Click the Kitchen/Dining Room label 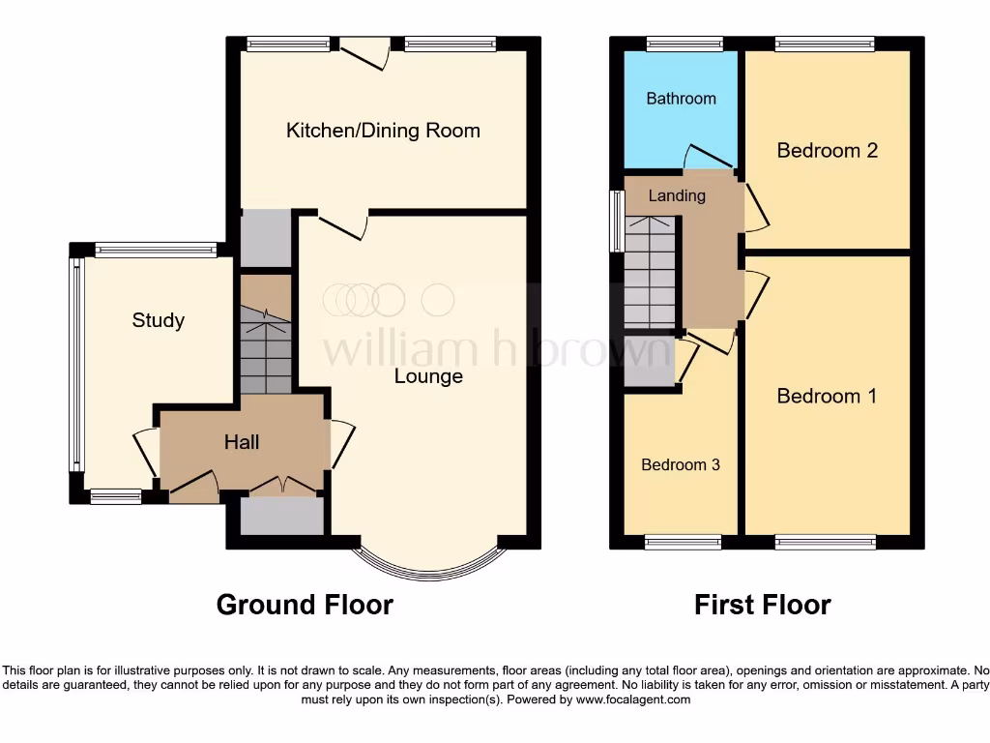pos(383,131)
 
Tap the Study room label pos(159,320)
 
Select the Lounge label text pos(428,376)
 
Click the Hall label pos(242,442)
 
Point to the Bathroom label pos(681,99)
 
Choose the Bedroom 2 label pos(828,150)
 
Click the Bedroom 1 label pos(827,396)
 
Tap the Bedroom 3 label pos(681,464)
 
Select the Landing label pos(677,195)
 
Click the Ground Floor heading pos(305,605)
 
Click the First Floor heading pos(762,605)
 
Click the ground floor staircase pos(265,348)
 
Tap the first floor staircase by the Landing pos(649,276)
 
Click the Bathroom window pos(681,44)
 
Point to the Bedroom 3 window pos(683,542)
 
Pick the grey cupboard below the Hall pos(281,516)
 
